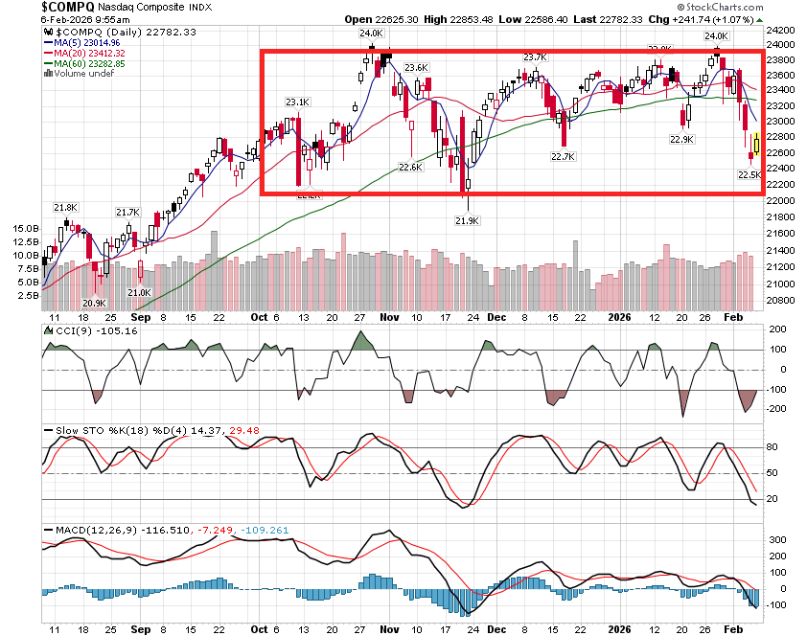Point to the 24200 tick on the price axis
(781, 29)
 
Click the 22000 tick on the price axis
(781, 200)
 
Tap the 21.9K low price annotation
(467, 220)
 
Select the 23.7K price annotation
(535, 57)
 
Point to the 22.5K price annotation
(749, 175)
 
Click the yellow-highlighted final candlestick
(756, 146)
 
